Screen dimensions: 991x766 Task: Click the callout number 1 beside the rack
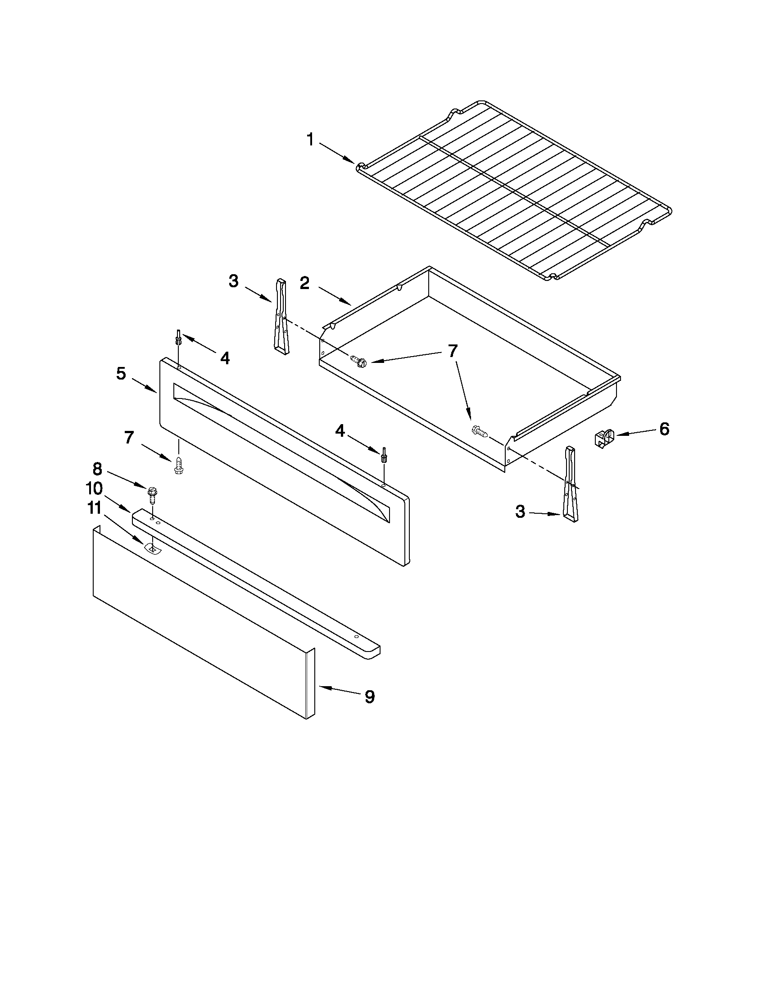click(x=310, y=139)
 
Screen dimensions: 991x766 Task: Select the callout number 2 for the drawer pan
click(x=304, y=283)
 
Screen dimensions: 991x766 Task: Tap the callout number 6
click(x=664, y=429)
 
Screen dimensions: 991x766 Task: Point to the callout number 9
click(x=370, y=697)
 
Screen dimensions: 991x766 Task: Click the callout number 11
click(x=95, y=508)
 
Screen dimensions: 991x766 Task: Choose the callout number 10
click(x=95, y=488)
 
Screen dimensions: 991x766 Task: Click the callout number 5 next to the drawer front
click(x=121, y=373)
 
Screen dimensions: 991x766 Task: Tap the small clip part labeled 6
click(x=604, y=439)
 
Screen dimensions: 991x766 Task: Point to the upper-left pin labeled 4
click(x=180, y=337)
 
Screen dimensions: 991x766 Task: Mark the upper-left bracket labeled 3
click(x=281, y=317)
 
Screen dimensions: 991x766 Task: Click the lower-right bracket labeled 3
click(x=571, y=484)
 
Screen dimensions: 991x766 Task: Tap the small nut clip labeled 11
click(x=153, y=548)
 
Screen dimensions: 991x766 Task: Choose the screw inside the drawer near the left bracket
click(x=358, y=362)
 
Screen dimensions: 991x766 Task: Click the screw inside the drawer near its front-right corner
click(x=480, y=431)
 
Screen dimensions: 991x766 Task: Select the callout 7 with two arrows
click(x=453, y=351)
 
